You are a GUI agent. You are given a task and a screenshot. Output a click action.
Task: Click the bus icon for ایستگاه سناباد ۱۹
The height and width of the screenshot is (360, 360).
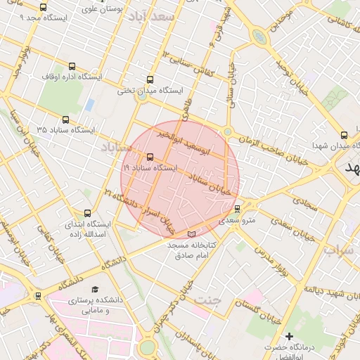pos(150,157)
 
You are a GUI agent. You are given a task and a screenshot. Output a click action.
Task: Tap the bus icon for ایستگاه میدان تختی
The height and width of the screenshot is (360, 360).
pos(149,80)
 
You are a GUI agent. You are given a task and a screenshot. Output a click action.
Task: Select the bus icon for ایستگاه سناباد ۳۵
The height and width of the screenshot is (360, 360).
pos(66,120)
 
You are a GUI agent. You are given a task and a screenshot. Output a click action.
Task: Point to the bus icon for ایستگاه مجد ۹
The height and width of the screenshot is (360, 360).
pos(44,7)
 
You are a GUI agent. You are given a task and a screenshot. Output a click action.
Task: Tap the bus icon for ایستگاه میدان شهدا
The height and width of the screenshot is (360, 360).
pos(343,135)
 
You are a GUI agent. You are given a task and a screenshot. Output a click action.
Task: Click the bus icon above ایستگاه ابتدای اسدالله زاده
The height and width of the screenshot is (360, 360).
pos(88,213)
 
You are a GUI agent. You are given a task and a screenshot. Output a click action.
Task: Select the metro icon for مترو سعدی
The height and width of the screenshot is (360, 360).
pos(237,209)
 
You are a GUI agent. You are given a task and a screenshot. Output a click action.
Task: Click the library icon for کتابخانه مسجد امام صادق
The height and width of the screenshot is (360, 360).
pos(193,234)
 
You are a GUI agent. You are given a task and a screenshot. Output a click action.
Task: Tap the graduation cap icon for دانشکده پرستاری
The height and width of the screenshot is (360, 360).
pos(94,289)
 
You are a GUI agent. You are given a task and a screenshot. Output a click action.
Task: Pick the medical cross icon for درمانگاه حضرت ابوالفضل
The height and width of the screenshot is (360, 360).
pos(289,337)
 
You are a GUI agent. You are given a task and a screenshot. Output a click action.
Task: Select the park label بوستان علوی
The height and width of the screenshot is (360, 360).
pos(103,9)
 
